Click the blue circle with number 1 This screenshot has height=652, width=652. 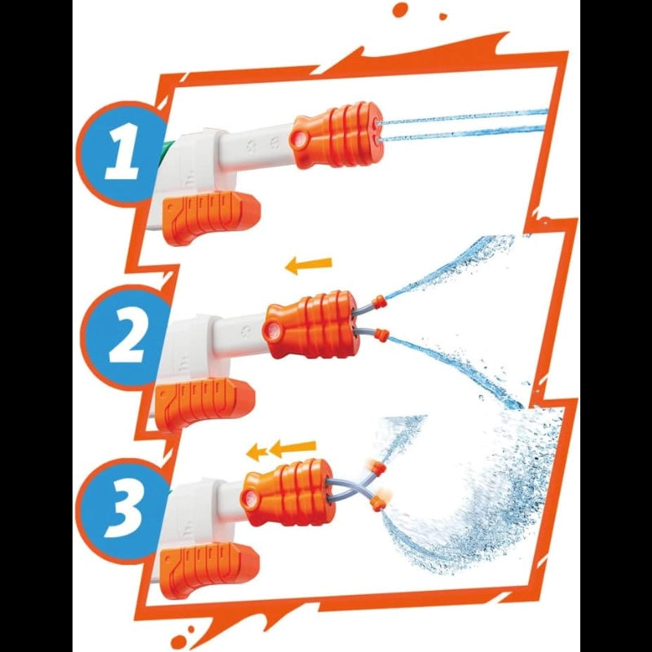point(121,152)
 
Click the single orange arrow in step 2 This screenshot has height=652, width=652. point(309,266)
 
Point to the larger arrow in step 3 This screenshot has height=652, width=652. point(293,449)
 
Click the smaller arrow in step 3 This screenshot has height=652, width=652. point(256,452)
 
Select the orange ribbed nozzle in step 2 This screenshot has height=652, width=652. point(310,324)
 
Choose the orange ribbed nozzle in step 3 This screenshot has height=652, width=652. point(288,493)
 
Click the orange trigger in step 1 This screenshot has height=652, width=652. point(211,218)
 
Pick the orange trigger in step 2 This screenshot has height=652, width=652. point(205,404)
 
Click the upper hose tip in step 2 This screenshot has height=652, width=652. point(380,301)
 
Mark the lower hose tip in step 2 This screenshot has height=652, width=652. point(381,334)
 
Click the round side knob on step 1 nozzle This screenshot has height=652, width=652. point(297,141)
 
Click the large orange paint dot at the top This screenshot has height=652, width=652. point(400,9)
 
